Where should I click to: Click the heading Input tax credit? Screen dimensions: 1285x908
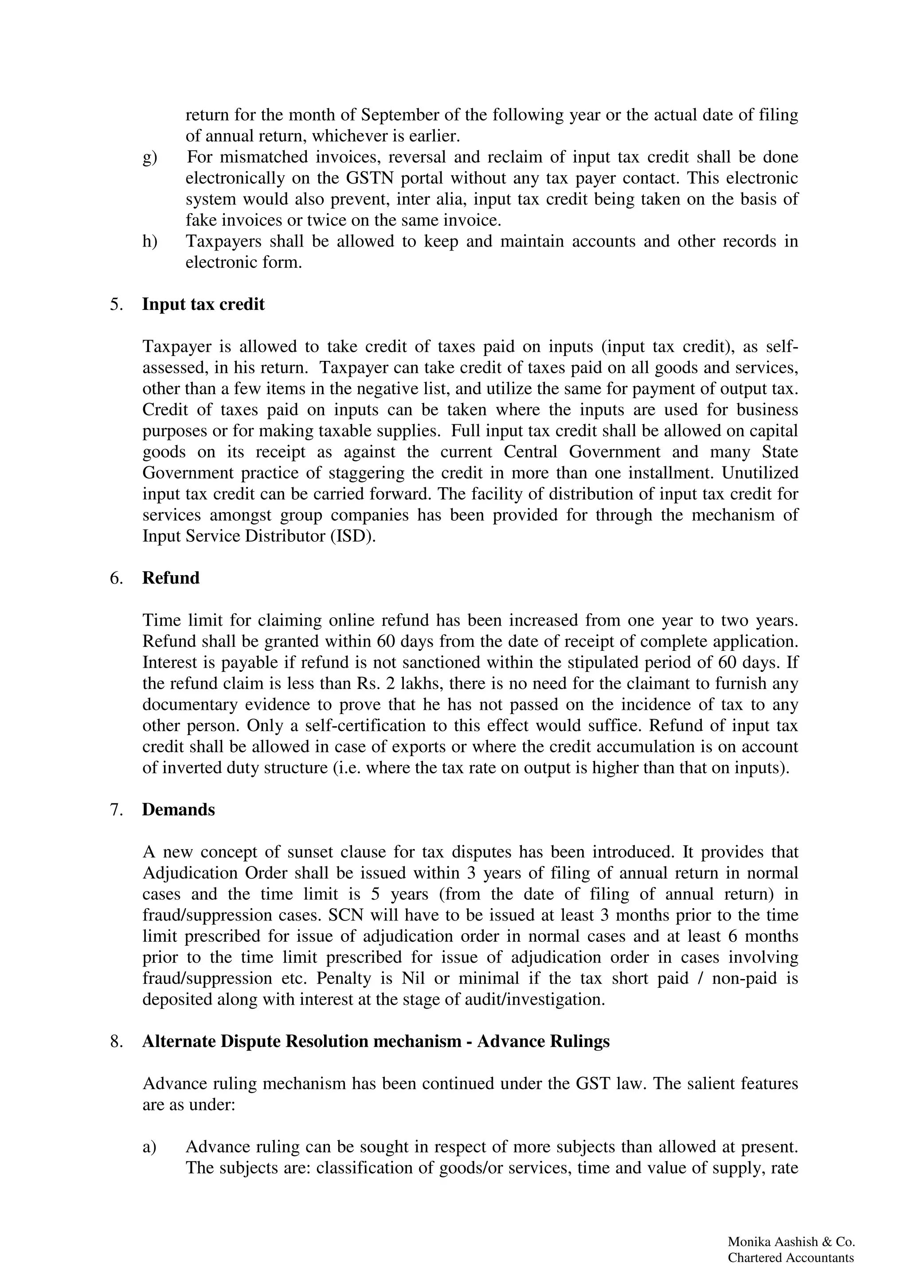[203, 305]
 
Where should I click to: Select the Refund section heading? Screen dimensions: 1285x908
[171, 578]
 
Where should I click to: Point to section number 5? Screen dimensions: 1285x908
[116, 305]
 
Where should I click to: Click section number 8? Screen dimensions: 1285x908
[116, 1041]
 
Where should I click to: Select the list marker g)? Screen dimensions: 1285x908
[149, 157]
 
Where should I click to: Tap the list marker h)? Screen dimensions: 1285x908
[149, 241]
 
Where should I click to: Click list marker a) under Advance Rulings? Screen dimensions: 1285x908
[149, 1147]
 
